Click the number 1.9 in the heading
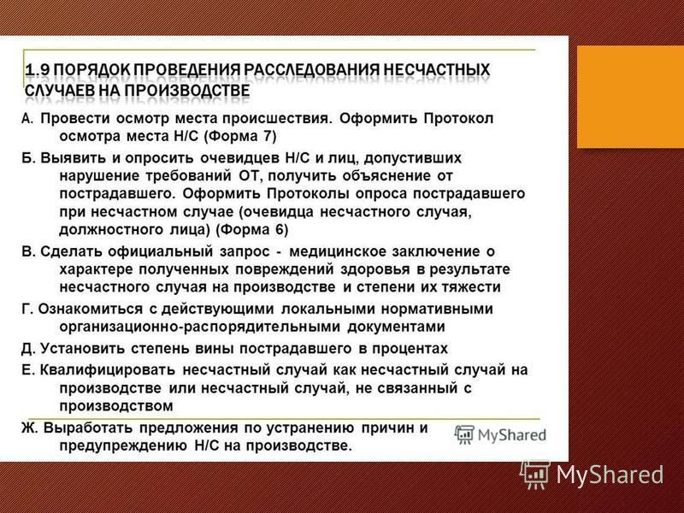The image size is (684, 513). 38,70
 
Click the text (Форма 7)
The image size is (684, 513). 240,136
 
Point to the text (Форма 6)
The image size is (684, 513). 252,229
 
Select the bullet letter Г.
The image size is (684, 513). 27,309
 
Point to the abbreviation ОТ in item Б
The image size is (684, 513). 251,176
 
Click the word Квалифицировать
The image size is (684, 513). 108,370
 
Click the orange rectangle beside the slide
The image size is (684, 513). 630,97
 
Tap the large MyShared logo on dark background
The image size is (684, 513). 592,475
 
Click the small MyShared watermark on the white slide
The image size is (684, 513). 500,434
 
